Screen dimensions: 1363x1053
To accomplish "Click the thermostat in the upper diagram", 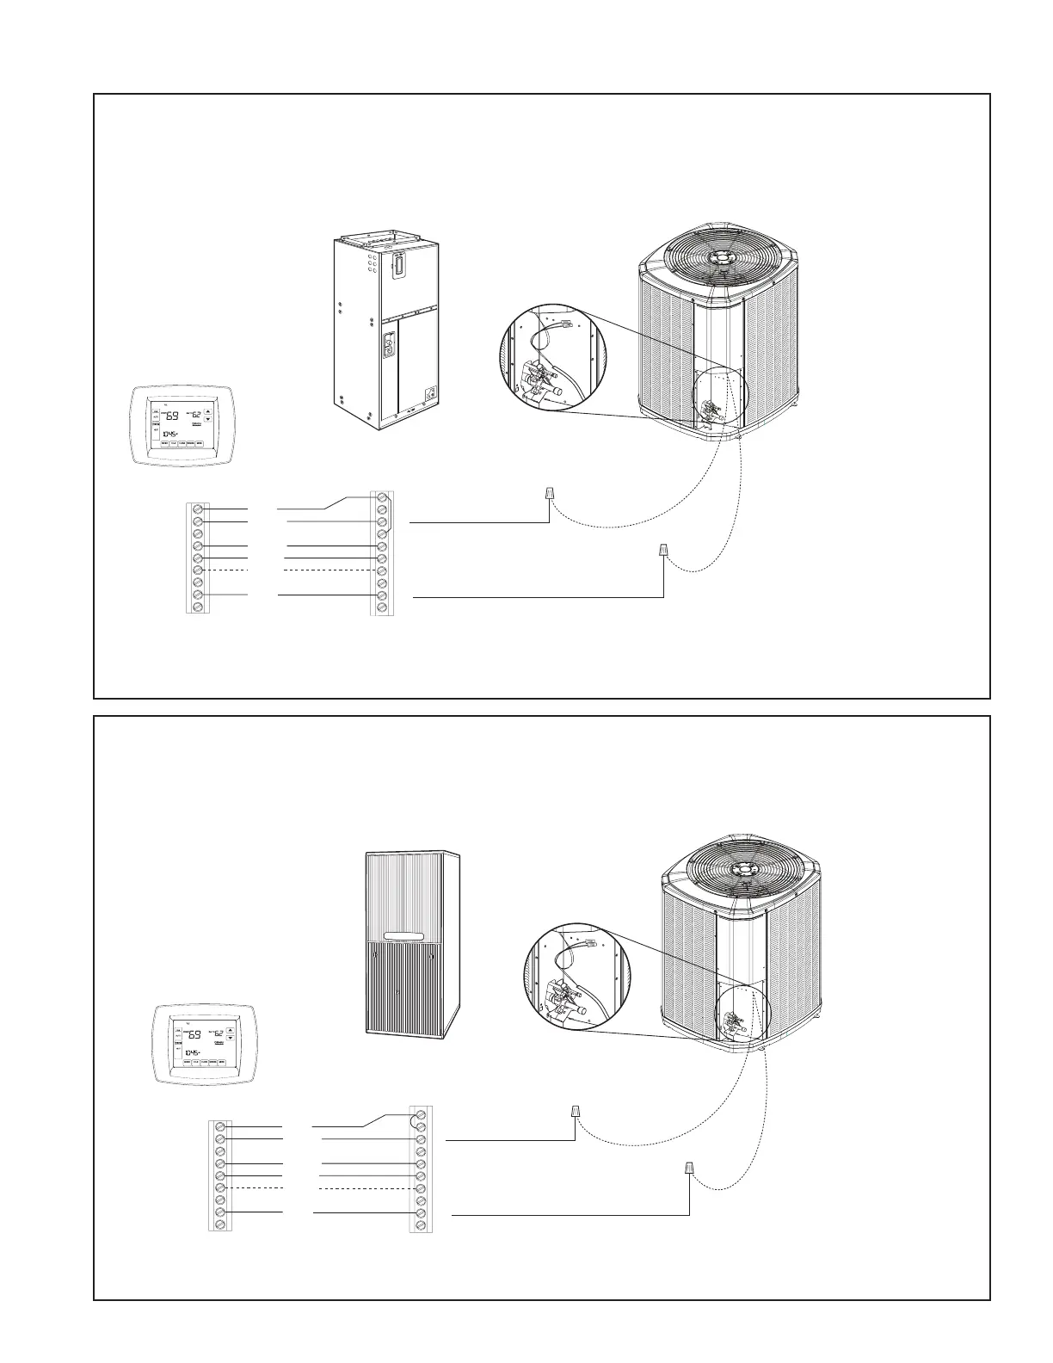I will click(x=183, y=425).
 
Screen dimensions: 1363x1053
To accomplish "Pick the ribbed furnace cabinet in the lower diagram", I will click(x=411, y=944).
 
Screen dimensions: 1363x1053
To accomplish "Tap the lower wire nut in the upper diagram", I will click(x=663, y=549).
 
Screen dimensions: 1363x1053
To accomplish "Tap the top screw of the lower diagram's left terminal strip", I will click(x=221, y=1126).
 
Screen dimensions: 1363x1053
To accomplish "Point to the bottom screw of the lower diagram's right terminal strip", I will click(x=422, y=1224).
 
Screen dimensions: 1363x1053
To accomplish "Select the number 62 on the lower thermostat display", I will click(x=219, y=1033).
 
